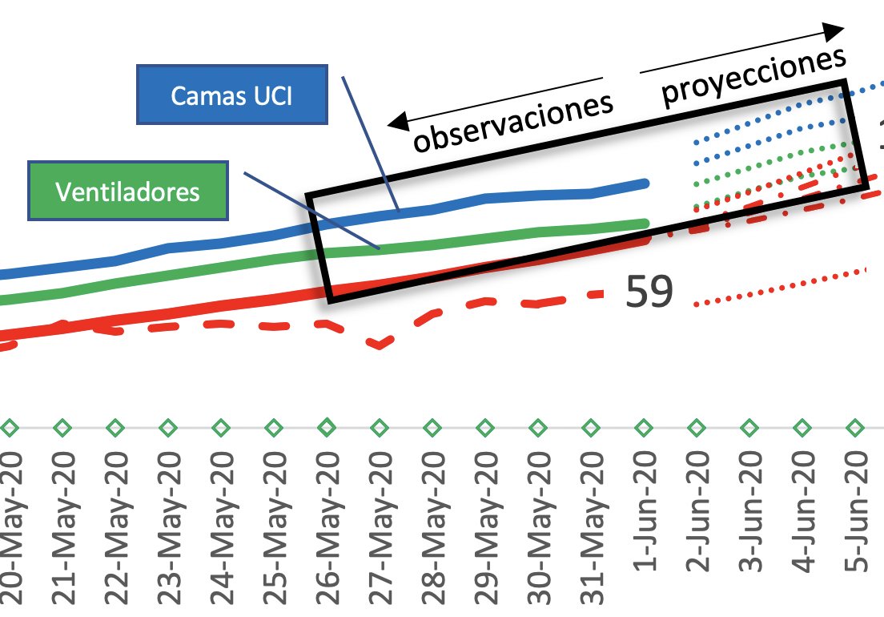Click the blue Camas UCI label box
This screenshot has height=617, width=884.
pos(232,95)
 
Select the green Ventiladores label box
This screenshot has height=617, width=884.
pos(127,192)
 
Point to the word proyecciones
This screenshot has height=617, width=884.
pos(753,77)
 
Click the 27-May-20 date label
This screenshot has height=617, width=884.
pos(380,521)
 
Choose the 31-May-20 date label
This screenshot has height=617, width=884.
pos(592,521)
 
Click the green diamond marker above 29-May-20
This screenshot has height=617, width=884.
pos(486,427)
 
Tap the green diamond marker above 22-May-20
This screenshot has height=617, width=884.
pos(115,427)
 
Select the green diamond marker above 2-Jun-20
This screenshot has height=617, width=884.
pos(697,427)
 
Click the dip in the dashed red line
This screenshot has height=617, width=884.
pos(379,345)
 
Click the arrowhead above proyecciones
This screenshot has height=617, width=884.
pos(834,32)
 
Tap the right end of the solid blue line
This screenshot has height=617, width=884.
pos(645,183)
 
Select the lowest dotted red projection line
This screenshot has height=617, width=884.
pos(781,287)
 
